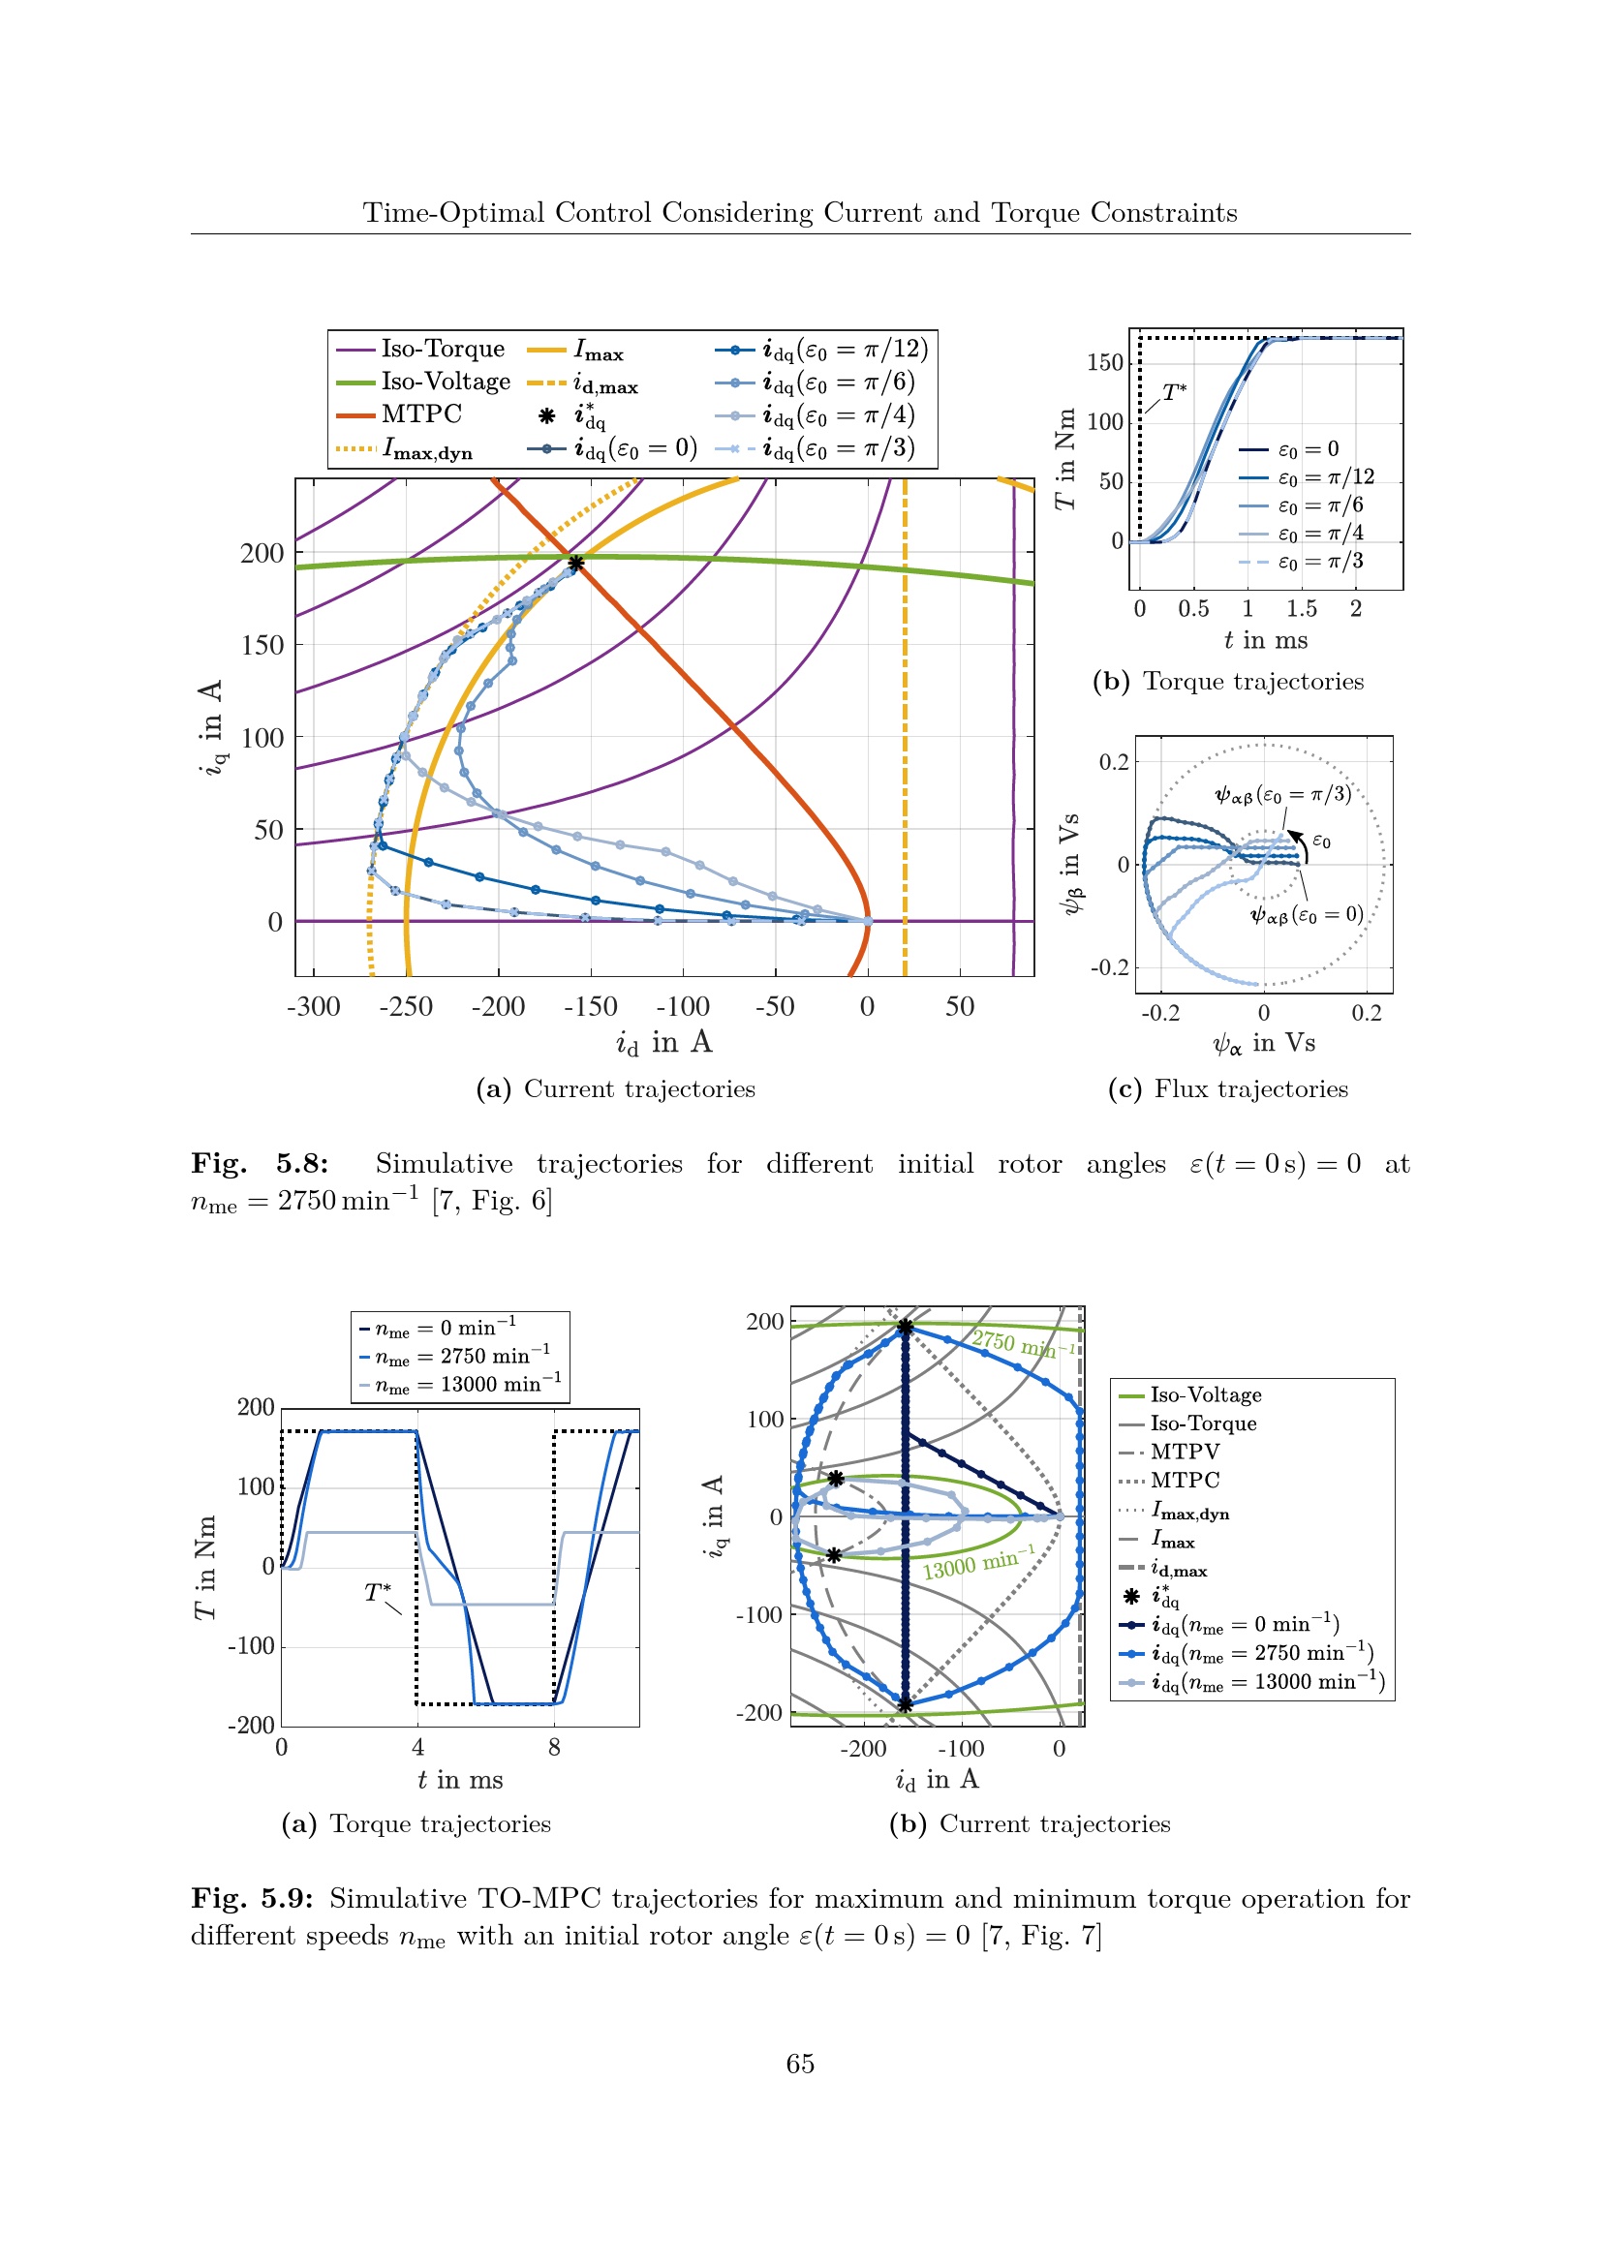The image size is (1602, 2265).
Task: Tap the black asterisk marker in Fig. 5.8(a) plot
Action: (x=576, y=564)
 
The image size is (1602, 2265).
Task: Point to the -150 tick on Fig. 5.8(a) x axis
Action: (x=590, y=1006)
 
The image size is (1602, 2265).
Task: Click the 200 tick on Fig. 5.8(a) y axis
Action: (x=262, y=554)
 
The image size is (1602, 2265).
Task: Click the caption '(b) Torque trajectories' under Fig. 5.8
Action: (x=1228, y=682)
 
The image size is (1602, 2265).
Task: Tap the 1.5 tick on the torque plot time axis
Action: (x=1301, y=609)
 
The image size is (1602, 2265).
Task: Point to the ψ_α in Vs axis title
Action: (x=1264, y=1044)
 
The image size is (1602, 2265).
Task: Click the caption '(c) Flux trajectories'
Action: (x=1228, y=1089)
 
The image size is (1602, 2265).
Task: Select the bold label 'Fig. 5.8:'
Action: (x=260, y=1164)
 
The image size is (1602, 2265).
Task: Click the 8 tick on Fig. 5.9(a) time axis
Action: (x=554, y=1748)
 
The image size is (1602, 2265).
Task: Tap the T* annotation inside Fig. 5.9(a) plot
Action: (x=378, y=1591)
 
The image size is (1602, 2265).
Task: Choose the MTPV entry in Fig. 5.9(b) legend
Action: (x=1184, y=1452)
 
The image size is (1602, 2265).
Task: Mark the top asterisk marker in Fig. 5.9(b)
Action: (x=905, y=1327)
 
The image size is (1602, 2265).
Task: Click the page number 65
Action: (x=800, y=2064)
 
